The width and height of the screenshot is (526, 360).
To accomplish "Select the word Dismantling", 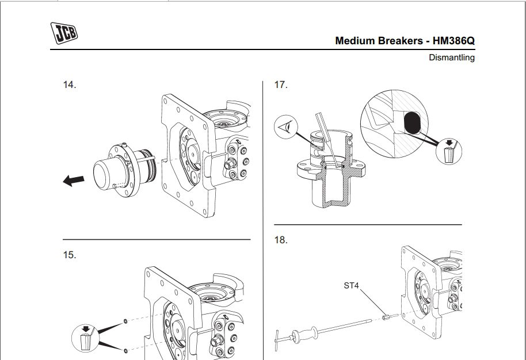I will [x=452, y=58].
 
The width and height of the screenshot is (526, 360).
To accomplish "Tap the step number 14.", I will [x=69, y=85].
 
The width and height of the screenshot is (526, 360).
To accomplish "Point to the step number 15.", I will [x=69, y=255].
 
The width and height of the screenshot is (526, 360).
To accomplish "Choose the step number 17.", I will [x=280, y=85].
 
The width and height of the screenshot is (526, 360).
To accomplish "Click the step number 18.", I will [x=280, y=240].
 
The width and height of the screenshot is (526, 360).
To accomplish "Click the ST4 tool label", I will [x=351, y=285].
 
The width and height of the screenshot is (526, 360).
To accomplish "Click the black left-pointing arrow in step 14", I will [x=73, y=181].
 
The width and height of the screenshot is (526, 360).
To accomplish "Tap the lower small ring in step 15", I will [x=125, y=349].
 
